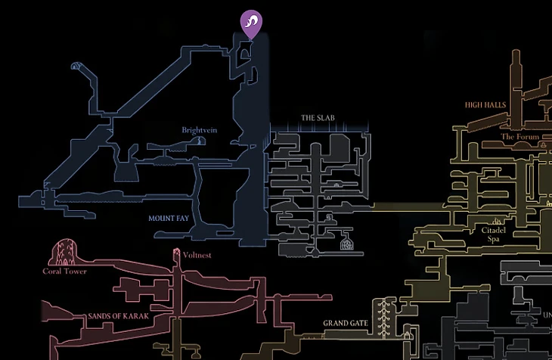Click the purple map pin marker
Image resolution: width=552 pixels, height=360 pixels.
click(250, 23)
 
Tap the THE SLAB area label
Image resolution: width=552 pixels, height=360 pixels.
click(318, 118)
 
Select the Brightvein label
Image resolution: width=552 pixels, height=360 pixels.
click(200, 130)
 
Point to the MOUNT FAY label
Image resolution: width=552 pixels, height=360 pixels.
click(168, 218)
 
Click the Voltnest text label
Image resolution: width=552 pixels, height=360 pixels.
click(197, 256)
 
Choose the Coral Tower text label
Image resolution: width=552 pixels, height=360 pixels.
click(64, 272)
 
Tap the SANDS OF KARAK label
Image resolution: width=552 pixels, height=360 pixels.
click(119, 316)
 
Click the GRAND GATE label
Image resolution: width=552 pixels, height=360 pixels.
click(346, 324)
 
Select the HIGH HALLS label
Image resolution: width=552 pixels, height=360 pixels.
click(485, 104)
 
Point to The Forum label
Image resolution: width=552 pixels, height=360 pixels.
click(518, 137)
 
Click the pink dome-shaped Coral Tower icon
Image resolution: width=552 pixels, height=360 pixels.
click(67, 252)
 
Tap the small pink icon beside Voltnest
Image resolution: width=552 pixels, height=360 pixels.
click(177, 255)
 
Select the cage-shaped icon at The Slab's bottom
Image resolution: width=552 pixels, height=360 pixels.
click(347, 244)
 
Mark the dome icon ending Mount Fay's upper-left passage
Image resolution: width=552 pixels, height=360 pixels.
click(75, 67)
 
